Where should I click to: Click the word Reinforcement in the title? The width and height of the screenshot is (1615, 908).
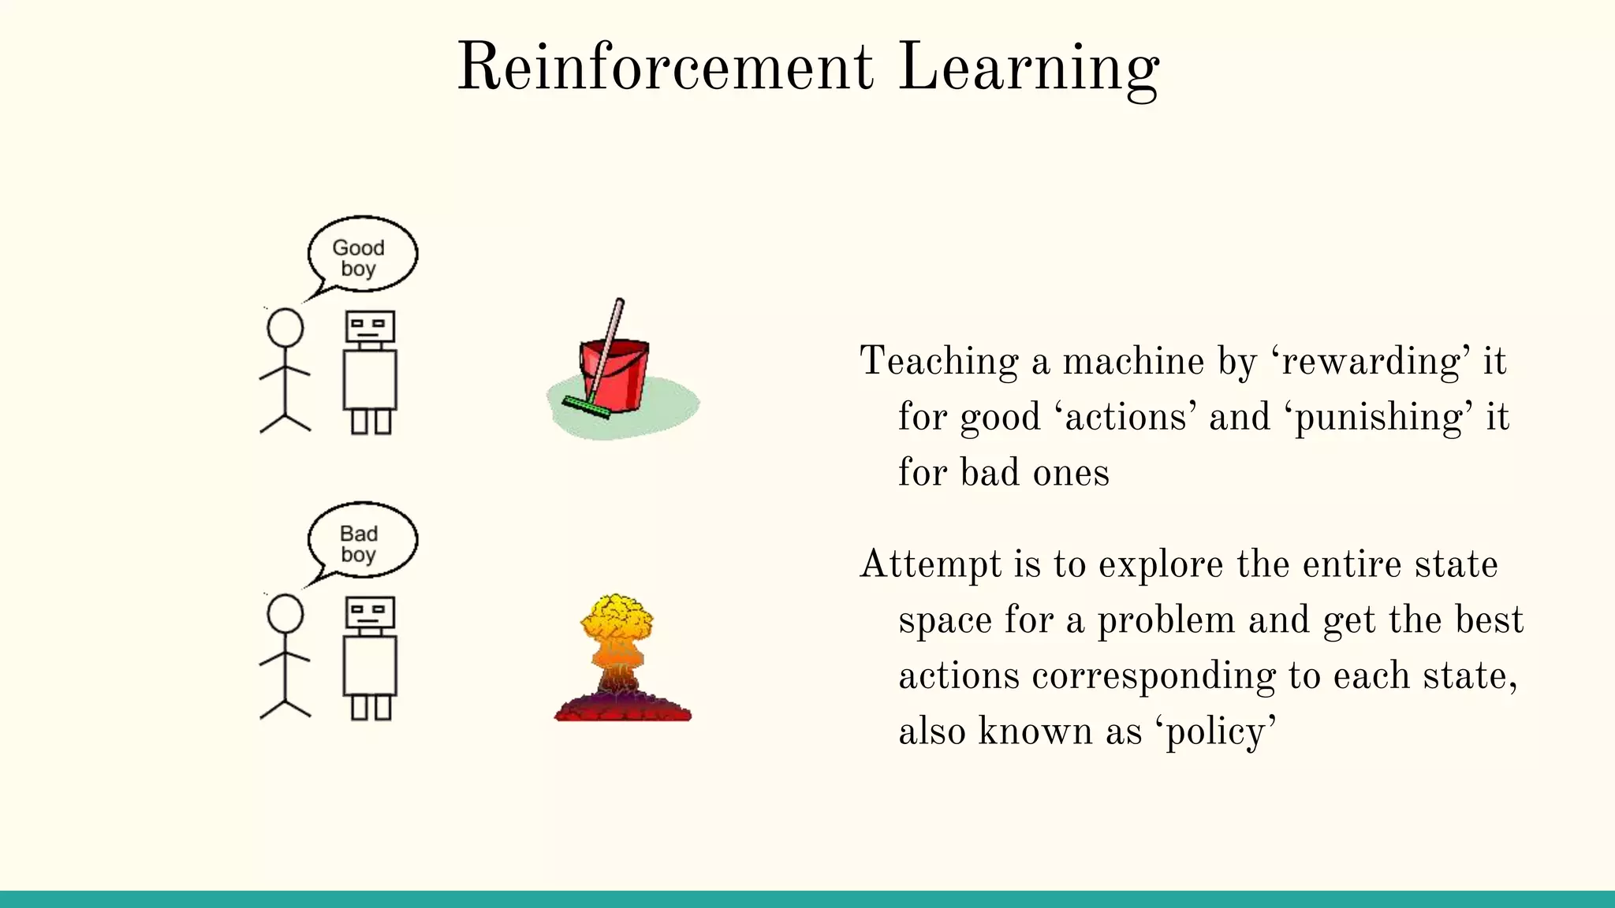point(665,68)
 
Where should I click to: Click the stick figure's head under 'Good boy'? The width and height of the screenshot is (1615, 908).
point(285,328)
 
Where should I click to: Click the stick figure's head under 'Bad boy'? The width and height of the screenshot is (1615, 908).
point(285,613)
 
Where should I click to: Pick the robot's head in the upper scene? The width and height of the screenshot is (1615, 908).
point(369,326)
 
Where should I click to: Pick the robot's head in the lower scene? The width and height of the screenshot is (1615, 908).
point(369,612)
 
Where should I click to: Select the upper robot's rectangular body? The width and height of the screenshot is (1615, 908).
point(370,379)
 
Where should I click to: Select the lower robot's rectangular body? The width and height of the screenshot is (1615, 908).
point(370,665)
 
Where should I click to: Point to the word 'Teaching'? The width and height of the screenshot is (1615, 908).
point(938,363)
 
